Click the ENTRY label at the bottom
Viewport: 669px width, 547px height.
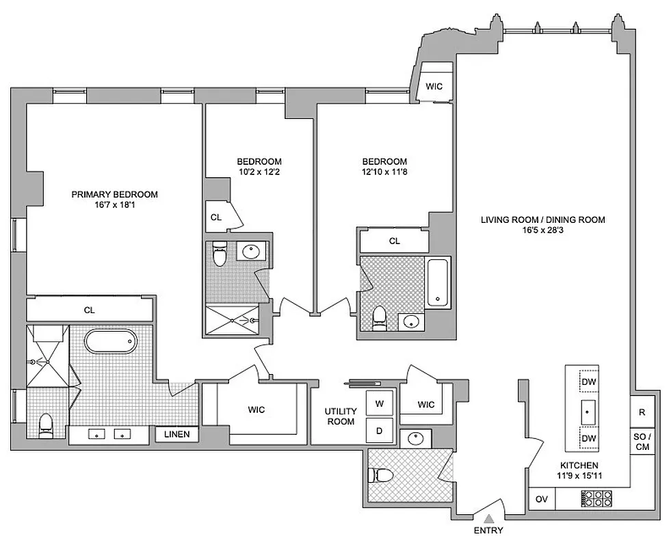click(x=488, y=531)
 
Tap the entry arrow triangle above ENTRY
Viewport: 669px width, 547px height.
click(x=488, y=518)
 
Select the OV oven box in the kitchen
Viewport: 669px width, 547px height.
click(x=541, y=498)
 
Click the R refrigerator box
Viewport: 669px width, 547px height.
click(x=642, y=412)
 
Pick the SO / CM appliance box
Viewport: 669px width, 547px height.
click(x=642, y=442)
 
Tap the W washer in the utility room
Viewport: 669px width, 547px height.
click(x=379, y=403)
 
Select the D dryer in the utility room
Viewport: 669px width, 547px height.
click(x=379, y=431)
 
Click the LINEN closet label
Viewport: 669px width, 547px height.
click(x=176, y=434)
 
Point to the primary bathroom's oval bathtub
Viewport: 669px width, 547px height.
click(x=110, y=340)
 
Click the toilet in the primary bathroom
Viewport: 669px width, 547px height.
click(x=46, y=425)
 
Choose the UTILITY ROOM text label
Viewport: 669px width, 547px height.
click(x=340, y=416)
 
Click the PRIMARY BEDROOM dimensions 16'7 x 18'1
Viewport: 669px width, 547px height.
click(x=114, y=205)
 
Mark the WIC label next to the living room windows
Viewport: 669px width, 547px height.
click(x=434, y=86)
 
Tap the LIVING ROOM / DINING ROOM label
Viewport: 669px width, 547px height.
click(x=542, y=219)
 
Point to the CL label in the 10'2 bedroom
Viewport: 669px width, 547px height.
click(x=215, y=217)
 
